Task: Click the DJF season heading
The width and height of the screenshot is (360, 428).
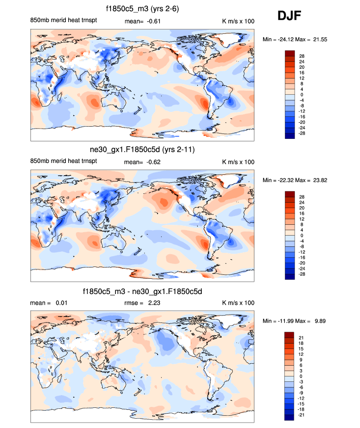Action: [289, 16]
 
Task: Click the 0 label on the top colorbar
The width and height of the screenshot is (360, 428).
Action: [302, 94]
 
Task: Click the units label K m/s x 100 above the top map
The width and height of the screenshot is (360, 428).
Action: [238, 22]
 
